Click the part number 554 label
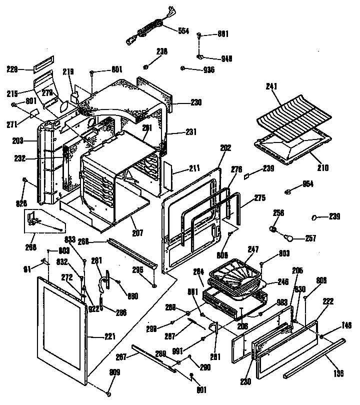click(x=183, y=31)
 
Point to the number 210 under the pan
click(x=322, y=168)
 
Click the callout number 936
click(x=208, y=69)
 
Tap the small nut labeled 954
click(x=288, y=191)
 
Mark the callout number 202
click(x=225, y=147)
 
